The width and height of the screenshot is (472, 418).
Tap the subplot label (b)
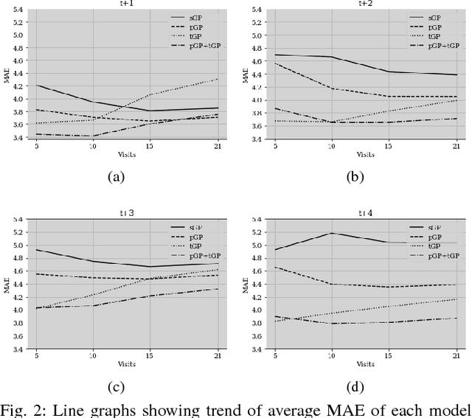point(355,177)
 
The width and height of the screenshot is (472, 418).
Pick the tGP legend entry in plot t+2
point(434,35)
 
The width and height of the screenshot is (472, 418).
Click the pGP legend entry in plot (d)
point(434,237)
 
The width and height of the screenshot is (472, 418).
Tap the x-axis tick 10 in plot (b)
point(331,146)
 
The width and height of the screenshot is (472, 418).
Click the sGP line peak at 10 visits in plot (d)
point(331,233)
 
